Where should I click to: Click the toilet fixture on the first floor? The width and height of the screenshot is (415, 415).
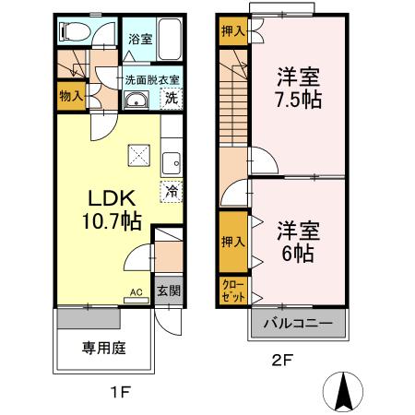(73, 31)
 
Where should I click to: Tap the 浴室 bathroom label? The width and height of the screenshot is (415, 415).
(139, 41)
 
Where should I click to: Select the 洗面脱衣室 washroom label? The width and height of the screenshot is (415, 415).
(152, 80)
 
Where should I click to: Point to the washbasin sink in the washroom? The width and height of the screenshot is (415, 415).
(136, 101)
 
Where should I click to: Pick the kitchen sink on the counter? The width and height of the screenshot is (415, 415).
(171, 165)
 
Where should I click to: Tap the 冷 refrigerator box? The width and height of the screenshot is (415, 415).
(172, 193)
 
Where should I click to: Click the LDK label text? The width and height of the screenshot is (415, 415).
(112, 199)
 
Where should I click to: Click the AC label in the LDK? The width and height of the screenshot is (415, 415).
(136, 292)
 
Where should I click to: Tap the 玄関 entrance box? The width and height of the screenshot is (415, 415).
(167, 290)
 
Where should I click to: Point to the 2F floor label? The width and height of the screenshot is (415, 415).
(282, 362)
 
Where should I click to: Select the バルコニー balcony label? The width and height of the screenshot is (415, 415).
(300, 323)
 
